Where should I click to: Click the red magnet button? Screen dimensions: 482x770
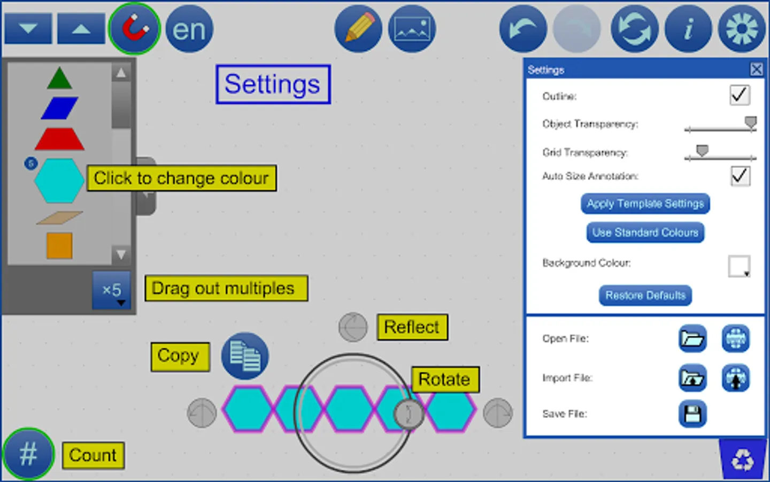click(x=134, y=28)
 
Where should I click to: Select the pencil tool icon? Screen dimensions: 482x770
click(x=358, y=29)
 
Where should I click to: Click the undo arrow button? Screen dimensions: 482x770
click(x=523, y=29)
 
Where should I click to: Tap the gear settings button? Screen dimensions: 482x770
click(x=742, y=29)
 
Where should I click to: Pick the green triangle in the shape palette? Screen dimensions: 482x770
click(x=59, y=78)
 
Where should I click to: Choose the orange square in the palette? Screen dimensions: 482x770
click(x=59, y=246)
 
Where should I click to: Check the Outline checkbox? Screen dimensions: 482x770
click(x=740, y=95)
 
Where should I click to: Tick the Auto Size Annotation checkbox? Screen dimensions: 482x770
click(x=740, y=176)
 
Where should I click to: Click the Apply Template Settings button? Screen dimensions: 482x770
click(x=645, y=204)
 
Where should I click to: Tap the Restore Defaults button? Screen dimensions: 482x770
click(x=645, y=295)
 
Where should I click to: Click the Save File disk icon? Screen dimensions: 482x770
click(x=692, y=414)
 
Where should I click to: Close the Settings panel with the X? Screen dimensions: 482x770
click(x=756, y=69)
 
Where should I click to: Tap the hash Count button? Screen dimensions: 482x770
click(x=28, y=454)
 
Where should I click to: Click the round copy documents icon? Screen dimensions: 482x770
click(x=245, y=356)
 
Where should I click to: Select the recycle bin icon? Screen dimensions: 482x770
click(x=743, y=460)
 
